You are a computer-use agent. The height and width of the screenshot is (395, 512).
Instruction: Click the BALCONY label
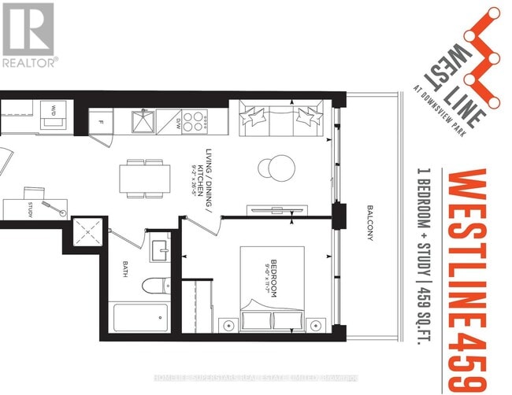click(x=370, y=224)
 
